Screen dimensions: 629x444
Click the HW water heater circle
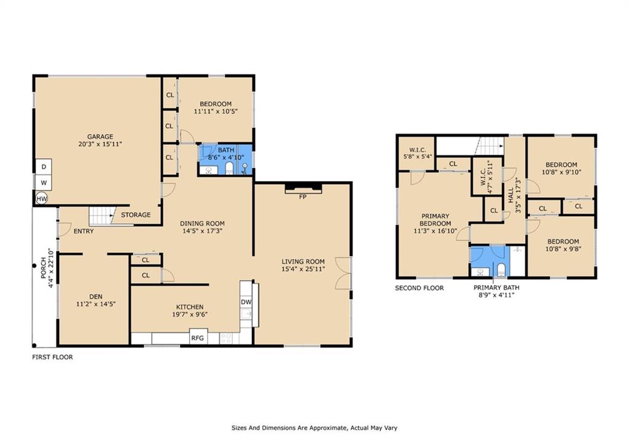coord(41,198)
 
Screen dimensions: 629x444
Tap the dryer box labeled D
coord(44,167)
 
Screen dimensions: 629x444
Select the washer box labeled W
coord(44,182)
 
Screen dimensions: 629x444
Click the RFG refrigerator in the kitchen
coord(198,337)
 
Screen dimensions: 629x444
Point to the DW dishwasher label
coord(246,302)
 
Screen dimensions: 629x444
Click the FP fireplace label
coord(303,197)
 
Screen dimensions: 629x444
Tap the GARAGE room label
coord(100,136)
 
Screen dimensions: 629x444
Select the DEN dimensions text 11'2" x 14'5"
coord(96,304)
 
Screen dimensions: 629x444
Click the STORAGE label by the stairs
coord(136,214)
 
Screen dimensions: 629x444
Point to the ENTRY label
coord(84,231)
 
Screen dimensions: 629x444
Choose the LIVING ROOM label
coord(303,262)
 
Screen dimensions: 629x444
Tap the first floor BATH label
coord(226,150)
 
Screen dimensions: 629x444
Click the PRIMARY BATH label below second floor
coord(496,287)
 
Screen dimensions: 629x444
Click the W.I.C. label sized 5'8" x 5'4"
coord(418,150)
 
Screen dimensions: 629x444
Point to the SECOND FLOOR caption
coord(419,288)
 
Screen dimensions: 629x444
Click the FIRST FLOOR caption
coord(53,357)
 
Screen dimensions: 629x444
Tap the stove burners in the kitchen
coord(226,338)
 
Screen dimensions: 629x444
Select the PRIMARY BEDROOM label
coord(436,220)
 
